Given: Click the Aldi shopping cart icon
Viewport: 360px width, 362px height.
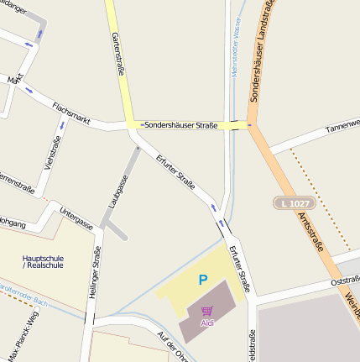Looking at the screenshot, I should pyautogui.click(x=206, y=311).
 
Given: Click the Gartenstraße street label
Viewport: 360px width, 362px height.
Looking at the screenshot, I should pyautogui.click(x=117, y=55).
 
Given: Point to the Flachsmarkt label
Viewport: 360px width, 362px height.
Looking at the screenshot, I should pyautogui.click(x=70, y=110).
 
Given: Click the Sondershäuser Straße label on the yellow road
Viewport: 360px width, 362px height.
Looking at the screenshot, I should pyautogui.click(x=180, y=125).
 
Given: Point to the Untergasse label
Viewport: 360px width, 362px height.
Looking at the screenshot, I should pyautogui.click(x=76, y=218).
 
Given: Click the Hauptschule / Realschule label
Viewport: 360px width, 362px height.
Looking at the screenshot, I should pyautogui.click(x=41, y=260).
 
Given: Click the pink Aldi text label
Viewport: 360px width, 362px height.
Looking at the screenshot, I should pyautogui.click(x=207, y=323).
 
